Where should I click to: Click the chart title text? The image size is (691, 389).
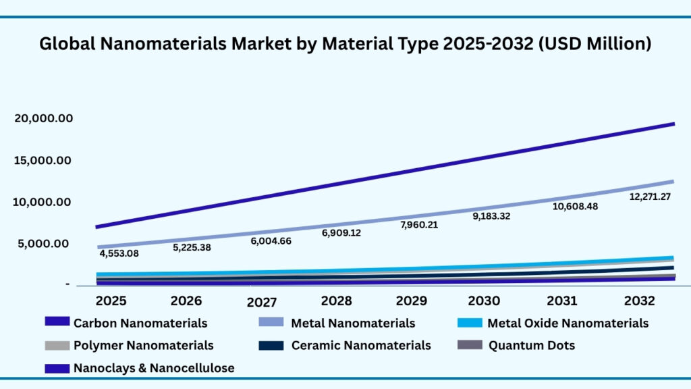(x=345, y=44)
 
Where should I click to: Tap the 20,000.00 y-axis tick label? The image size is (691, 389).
(x=43, y=118)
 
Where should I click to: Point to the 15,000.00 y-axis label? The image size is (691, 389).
(x=43, y=160)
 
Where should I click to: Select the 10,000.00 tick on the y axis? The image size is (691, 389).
(x=43, y=202)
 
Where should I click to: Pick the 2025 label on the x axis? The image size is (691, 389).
(x=110, y=300)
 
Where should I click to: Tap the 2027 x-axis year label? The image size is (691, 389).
(x=262, y=301)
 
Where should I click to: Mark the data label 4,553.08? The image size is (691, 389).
(x=119, y=254)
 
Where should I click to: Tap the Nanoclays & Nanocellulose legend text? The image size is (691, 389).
(x=154, y=368)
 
